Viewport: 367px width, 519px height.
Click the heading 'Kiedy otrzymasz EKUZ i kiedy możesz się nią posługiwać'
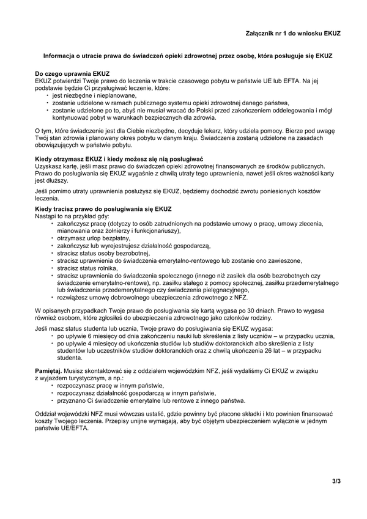click(x=119, y=159)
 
